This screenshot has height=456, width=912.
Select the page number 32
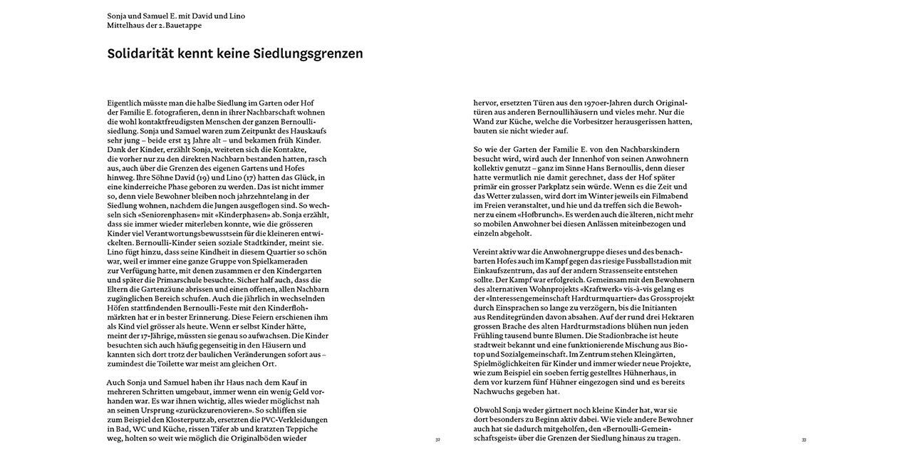[437, 440]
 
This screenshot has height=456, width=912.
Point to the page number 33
[804, 440]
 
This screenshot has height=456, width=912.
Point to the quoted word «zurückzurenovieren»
[218, 410]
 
